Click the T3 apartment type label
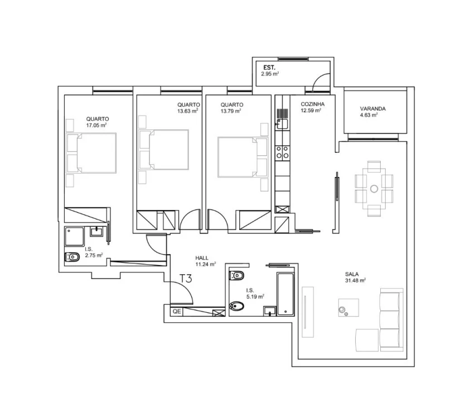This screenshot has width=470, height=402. coord(186,279)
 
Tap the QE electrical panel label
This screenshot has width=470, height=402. coord(176,312)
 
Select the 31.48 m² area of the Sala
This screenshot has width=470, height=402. coord(355,281)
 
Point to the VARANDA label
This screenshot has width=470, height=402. coord(373,109)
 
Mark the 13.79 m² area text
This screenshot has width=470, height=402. coord(230,111)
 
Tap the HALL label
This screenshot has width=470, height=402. coord(202,258)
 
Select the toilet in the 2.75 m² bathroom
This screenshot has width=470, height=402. coord(72,257)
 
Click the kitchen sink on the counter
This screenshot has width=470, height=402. coord(282,124)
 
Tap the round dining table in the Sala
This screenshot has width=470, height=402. coord(374,188)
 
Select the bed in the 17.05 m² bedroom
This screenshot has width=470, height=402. coord(92,153)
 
